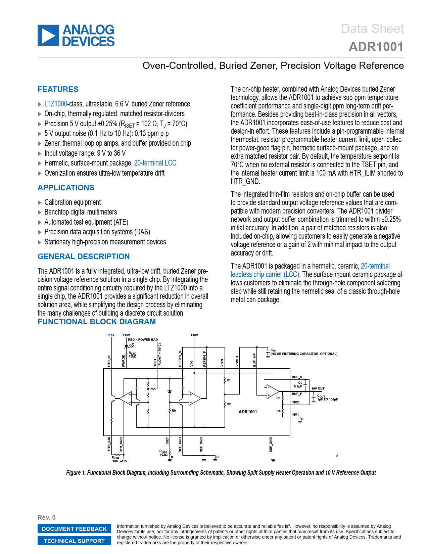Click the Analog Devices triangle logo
[48, 36]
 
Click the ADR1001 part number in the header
[376, 47]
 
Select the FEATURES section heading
[58, 89]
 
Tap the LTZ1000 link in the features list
[56, 104]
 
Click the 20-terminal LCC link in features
[155, 163]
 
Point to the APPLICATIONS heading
[66, 188]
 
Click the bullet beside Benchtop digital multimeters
[40, 213]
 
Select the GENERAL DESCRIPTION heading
[84, 257]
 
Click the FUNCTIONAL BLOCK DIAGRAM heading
[97, 322]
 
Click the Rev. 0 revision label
[47, 517]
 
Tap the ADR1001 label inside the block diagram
[247, 412]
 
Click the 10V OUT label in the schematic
[318, 388]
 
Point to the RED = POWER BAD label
[143, 339]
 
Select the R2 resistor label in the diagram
[229, 404]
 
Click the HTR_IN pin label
[109, 361]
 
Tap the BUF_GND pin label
[271, 445]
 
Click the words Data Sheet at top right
[372, 29]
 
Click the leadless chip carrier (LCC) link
[265, 275]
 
